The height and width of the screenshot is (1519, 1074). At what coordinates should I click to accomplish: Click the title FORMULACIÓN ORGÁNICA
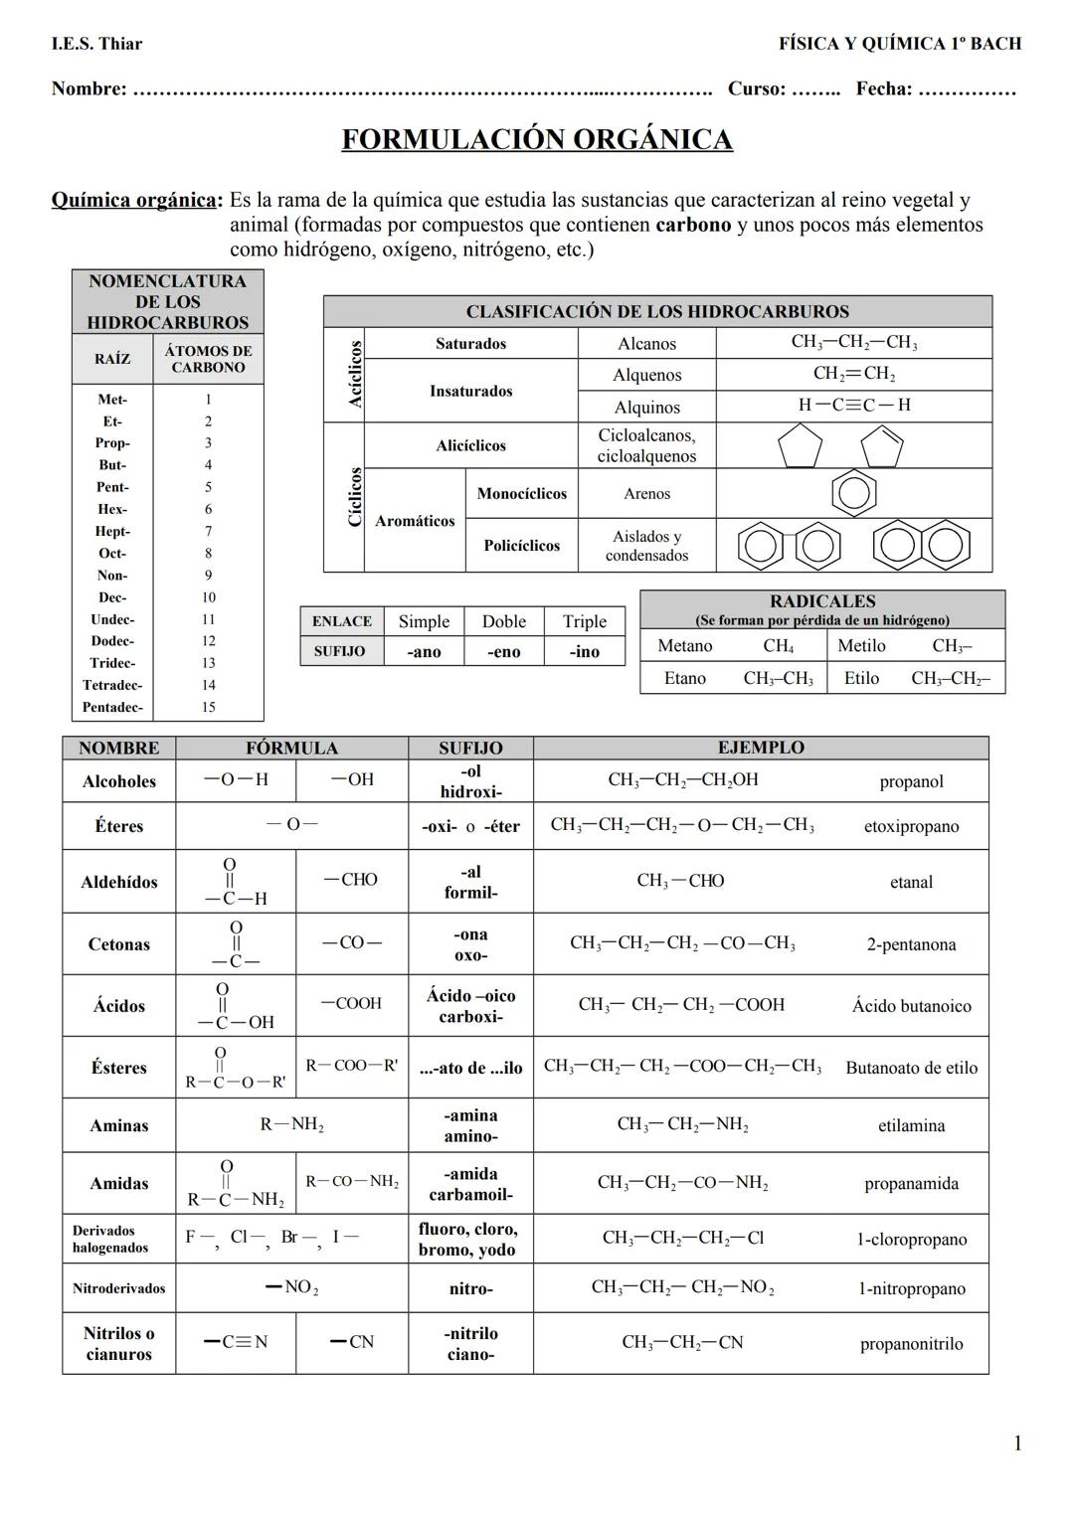coord(537,139)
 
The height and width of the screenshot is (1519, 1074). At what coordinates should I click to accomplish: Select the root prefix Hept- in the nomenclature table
coord(112,532)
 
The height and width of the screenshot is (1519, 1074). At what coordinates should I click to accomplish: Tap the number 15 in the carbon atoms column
coord(208,708)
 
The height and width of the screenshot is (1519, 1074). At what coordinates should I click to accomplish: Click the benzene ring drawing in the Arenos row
coord(853,493)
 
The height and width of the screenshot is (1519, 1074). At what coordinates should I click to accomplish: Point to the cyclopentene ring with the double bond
coord(881,446)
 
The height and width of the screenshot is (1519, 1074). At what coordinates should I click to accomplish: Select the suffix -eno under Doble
coord(503,652)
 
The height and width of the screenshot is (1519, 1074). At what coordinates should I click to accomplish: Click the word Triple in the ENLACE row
coord(584,621)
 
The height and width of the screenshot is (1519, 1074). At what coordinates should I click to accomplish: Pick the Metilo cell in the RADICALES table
coord(861,646)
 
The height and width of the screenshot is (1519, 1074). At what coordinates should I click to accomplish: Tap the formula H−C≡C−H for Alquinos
coord(853,406)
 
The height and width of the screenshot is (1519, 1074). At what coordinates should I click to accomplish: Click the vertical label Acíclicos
coord(355,374)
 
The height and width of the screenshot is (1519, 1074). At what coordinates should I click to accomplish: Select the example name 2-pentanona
coord(910,944)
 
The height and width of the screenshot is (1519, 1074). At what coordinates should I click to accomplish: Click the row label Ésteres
coord(118,1068)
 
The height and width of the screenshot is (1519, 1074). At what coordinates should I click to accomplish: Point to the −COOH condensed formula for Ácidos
coord(351,1004)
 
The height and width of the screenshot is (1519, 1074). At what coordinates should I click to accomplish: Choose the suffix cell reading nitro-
coord(470,1289)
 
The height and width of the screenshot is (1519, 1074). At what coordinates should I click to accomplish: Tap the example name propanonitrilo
coord(911,1344)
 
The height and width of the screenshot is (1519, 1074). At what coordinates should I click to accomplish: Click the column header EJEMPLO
coord(761,748)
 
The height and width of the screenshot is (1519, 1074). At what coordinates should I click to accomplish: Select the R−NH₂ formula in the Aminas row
coord(291,1125)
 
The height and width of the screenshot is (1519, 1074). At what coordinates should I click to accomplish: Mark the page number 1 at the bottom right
coord(1016,1443)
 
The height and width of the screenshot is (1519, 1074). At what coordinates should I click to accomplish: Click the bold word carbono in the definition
coord(693,225)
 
